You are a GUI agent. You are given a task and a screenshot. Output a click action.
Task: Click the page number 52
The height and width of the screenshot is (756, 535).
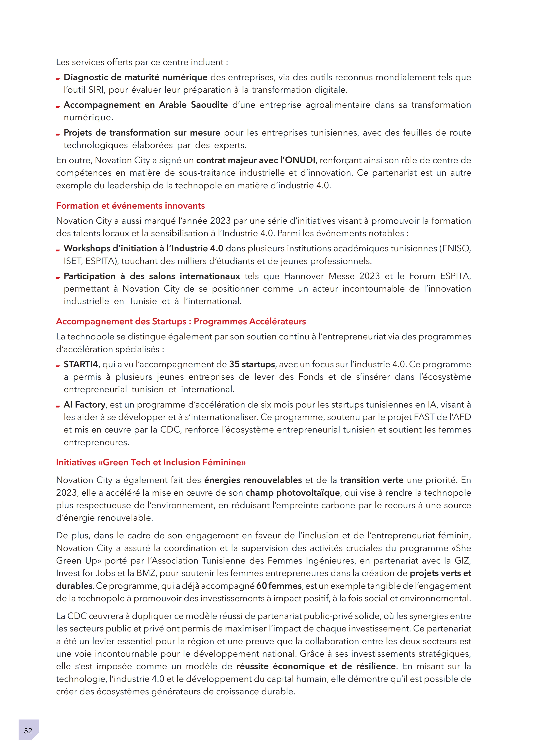pyautogui.click(x=28, y=731)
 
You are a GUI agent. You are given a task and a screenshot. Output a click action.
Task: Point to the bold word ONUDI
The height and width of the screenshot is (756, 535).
pyautogui.click(x=300, y=160)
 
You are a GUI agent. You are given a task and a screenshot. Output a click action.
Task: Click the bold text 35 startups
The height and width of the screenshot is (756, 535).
pyautogui.click(x=252, y=364)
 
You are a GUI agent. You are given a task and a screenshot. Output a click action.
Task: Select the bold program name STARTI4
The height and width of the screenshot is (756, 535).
pyautogui.click(x=81, y=364)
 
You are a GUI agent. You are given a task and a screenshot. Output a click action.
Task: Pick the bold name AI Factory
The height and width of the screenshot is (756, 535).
pyautogui.click(x=84, y=405)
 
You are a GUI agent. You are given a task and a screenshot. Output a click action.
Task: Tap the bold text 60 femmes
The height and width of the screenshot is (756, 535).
pyautogui.click(x=279, y=586)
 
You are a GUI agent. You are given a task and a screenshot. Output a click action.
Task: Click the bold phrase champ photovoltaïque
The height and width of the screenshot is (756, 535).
pyautogui.click(x=293, y=493)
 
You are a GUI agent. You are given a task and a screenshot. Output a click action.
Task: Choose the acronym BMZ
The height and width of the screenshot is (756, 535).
pyautogui.click(x=146, y=573)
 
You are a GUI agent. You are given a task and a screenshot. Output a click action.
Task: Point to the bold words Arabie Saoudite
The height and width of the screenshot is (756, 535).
pyautogui.click(x=194, y=105)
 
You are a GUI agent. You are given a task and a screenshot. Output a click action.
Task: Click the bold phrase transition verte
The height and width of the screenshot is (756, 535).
pyautogui.click(x=372, y=480)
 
